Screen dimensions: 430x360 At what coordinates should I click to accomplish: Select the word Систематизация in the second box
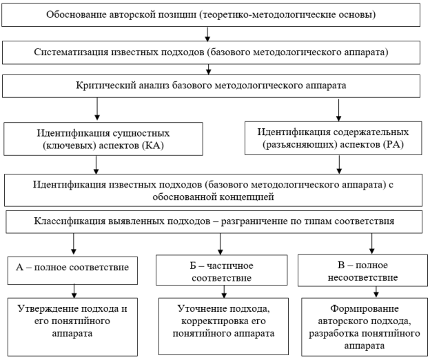[71, 52]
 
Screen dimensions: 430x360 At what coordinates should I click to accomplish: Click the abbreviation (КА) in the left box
[153, 146]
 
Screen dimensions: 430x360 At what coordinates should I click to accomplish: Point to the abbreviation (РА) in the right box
[393, 144]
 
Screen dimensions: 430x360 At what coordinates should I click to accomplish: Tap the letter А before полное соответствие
[19, 268]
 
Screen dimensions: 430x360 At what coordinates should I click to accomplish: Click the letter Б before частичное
[193, 266]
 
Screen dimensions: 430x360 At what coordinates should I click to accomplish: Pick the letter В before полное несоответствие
[341, 265]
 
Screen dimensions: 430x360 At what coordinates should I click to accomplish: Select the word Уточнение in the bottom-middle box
[202, 309]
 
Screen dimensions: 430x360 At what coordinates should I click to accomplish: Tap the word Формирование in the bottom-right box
[365, 309]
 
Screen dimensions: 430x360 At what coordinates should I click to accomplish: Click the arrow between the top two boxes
[207, 34]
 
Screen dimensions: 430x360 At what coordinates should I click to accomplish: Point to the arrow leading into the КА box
[97, 109]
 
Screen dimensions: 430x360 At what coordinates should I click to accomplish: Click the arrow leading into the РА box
[338, 110]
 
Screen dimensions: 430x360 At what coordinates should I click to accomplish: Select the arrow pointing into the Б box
[221, 244]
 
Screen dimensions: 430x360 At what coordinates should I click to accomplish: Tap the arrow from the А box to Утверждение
[74, 292]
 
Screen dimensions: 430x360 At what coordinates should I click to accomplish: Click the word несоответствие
[362, 277]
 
